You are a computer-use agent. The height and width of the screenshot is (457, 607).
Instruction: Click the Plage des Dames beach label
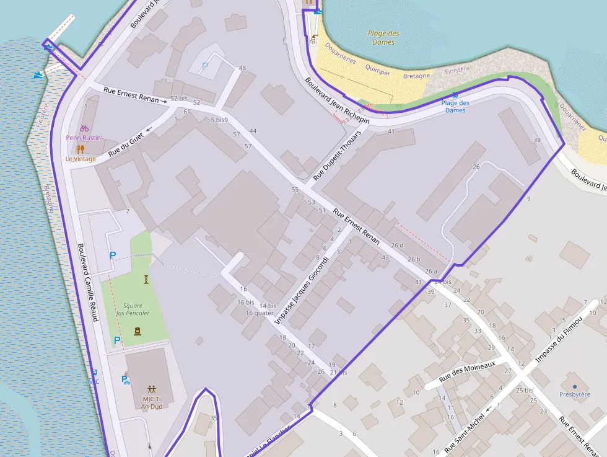pos(383,38)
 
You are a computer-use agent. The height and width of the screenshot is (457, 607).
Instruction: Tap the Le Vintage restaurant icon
pos(80,149)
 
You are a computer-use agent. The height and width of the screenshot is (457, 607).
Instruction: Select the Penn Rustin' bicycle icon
pos(84,128)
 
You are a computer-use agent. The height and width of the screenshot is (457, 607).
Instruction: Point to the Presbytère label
pos(575,394)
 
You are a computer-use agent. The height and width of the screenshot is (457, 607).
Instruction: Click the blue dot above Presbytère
pos(575,386)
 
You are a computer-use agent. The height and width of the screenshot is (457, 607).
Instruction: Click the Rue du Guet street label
pos(126,144)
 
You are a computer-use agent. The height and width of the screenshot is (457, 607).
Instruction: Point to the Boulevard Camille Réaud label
pos(88,282)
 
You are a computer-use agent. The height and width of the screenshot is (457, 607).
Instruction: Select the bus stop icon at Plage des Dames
pos(455,95)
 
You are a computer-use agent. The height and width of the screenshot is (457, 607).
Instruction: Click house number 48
pos(242,68)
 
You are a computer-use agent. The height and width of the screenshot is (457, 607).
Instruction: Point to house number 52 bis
pos(178,99)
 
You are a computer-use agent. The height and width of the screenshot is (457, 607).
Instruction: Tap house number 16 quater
pos(260,313)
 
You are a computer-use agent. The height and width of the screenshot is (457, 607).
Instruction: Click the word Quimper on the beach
pos(378,72)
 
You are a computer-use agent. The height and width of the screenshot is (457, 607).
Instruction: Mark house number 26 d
pos(397,246)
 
